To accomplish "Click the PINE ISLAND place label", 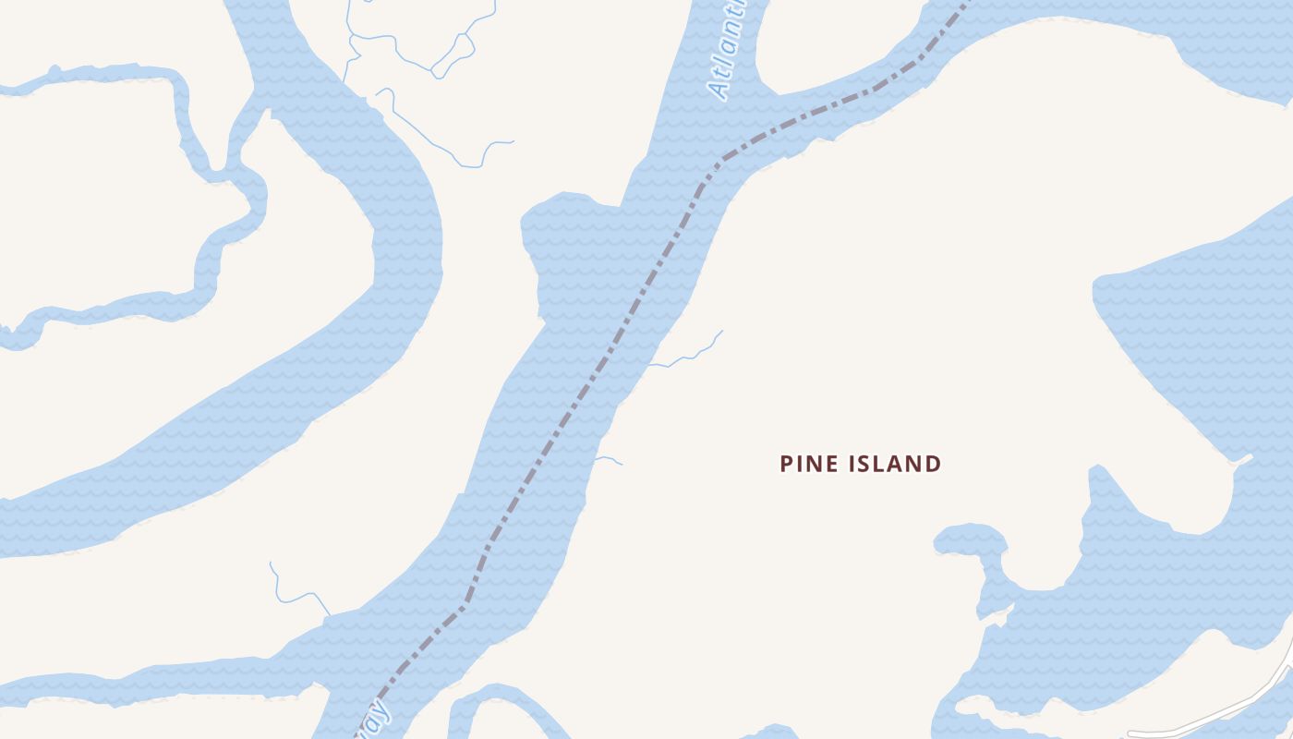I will point(860,464).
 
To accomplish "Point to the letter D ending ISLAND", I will point(933,464).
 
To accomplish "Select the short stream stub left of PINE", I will point(609,459).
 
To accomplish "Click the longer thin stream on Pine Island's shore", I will point(688,357).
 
